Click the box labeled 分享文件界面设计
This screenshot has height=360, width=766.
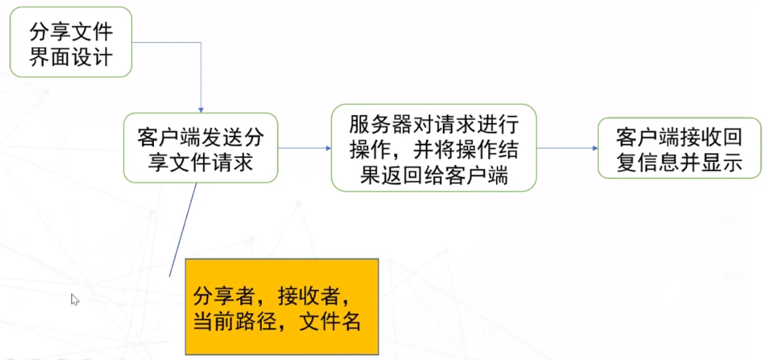coord(71,42)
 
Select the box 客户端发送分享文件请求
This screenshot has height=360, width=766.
coord(201,148)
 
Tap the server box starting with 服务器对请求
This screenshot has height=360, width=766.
coord(434,148)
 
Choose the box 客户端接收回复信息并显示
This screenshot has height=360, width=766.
coord(680,148)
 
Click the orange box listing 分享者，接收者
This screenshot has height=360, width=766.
coord(282,307)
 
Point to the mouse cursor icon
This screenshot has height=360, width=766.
coord(75,299)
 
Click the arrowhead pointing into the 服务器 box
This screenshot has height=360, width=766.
coord(328,148)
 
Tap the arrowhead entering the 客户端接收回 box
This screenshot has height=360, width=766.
coord(595,148)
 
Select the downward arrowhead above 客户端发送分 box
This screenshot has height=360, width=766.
coord(201,110)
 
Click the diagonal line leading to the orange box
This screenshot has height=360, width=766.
coord(183,230)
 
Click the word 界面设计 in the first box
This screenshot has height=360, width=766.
coord(71,56)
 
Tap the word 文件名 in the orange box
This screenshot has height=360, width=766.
coord(330,321)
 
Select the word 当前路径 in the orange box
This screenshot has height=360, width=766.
coord(235,321)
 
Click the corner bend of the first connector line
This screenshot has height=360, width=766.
coord(201,43)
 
